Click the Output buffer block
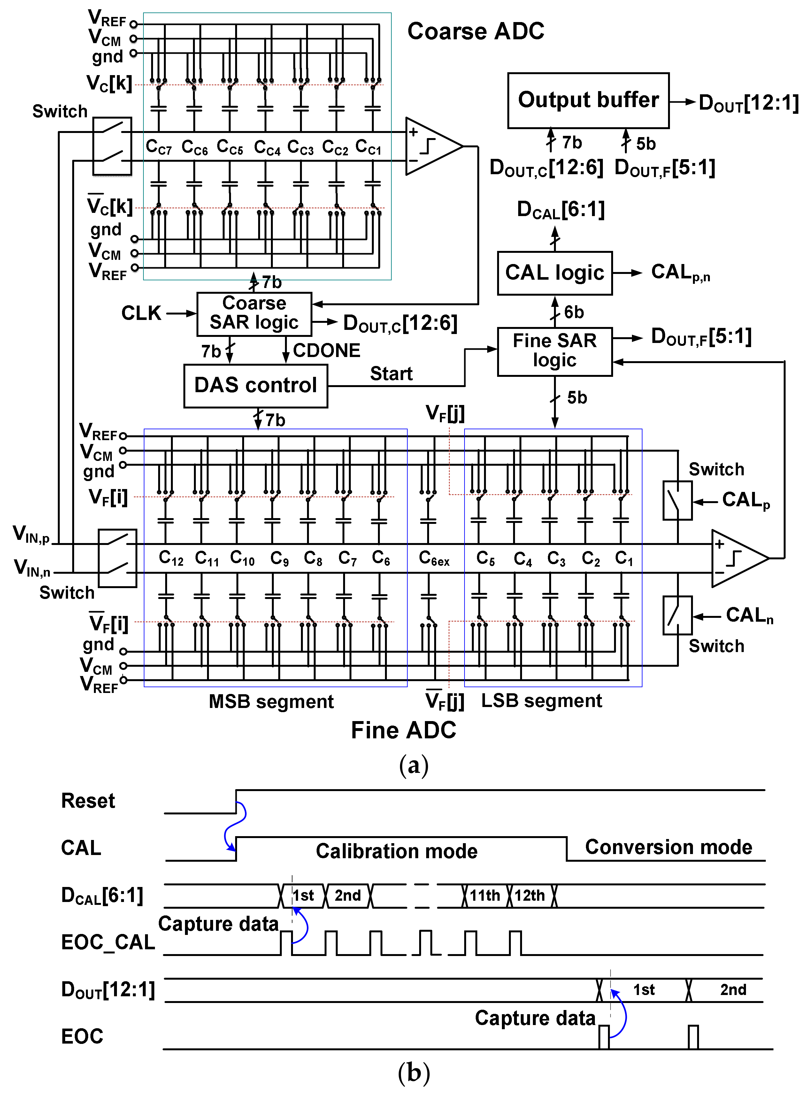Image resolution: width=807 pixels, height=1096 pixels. pos(588,101)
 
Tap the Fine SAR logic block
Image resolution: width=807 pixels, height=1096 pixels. pos(554,351)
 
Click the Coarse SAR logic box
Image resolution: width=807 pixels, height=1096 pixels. pos(254,314)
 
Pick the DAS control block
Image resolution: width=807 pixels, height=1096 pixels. pos(256,385)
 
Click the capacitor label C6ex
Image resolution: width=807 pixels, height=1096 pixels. pos(434,558)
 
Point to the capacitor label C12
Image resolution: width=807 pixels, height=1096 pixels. pos(171,558)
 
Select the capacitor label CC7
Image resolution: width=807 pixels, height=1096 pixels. pos(159,147)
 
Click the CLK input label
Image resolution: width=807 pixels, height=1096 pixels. pos(141,313)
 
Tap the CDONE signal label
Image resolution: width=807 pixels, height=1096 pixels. pos(326,350)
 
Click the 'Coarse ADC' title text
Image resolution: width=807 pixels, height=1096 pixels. pos(475,31)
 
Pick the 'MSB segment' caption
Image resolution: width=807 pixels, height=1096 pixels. pos(271,701)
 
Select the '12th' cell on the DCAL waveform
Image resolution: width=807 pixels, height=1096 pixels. pos(530,895)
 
